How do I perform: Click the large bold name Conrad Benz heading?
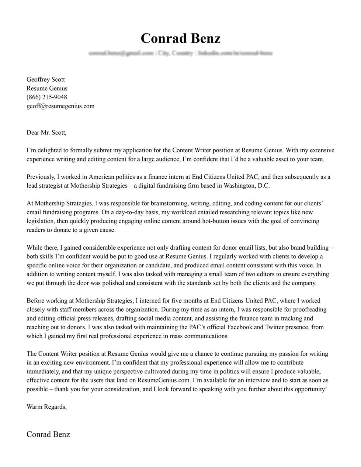coord(180,39)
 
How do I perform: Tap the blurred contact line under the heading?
coord(180,54)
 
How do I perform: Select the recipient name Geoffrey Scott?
coord(46,80)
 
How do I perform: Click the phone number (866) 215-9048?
coord(47,97)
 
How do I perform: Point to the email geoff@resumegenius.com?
coord(61,106)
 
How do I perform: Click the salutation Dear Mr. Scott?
coord(46,133)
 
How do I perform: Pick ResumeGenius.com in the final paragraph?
coord(164,380)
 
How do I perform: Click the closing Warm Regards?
coord(46,407)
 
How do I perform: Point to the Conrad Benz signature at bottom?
coord(48,434)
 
